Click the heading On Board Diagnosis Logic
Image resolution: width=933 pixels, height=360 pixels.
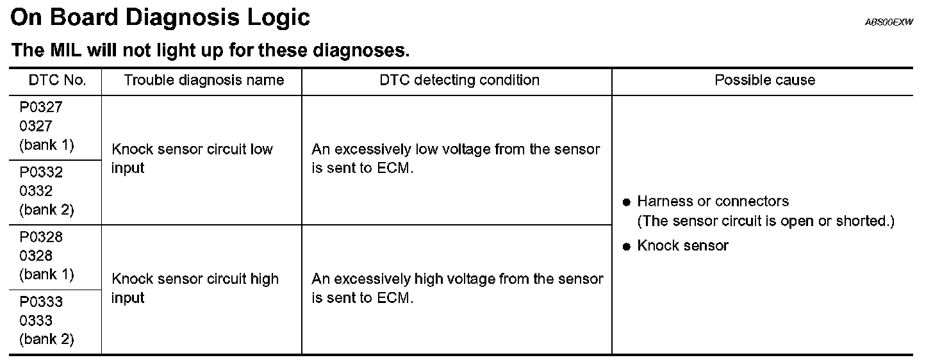160,18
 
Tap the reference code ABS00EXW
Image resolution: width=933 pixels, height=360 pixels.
889,22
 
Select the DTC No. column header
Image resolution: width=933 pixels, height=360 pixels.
56,81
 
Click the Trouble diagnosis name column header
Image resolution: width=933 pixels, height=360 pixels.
204,81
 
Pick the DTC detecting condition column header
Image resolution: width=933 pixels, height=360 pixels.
459,81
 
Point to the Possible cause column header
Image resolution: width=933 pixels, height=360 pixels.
764,81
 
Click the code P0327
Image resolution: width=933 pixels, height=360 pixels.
41,107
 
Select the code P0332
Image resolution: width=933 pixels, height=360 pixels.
41,172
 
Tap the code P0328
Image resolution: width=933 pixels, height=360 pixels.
41,237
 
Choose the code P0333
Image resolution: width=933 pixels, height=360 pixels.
41,302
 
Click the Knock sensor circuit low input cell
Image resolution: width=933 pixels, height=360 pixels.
192,159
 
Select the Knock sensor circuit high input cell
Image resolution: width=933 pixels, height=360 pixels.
195,288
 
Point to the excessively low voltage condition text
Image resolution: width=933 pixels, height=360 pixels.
456,159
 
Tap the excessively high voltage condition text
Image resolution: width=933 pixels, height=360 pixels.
457,288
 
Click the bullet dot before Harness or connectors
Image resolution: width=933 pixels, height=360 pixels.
627,202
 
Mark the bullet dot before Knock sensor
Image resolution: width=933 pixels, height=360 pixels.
627,247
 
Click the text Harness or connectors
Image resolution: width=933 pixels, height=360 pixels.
713,202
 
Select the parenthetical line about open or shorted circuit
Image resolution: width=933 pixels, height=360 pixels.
765,221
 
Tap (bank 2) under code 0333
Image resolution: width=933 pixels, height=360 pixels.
46,339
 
